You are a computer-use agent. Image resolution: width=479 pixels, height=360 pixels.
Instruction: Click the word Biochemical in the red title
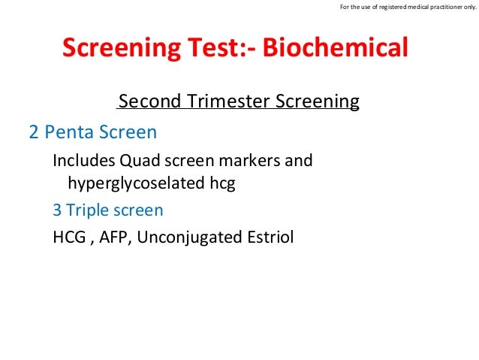click(335, 47)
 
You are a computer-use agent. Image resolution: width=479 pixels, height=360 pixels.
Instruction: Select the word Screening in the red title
click(122, 48)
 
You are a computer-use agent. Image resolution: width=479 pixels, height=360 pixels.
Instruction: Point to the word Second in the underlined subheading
click(149, 101)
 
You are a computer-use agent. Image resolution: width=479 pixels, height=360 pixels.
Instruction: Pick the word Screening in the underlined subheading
click(318, 101)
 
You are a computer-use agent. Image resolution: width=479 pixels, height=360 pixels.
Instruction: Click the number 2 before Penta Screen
click(34, 132)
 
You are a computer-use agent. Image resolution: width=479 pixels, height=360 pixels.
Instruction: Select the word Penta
click(69, 132)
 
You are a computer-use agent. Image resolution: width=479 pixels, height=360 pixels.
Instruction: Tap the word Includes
click(84, 160)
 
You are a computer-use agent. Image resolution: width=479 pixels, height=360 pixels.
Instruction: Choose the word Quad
click(140, 160)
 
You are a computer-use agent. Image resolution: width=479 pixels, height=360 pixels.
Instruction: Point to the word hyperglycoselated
click(136, 183)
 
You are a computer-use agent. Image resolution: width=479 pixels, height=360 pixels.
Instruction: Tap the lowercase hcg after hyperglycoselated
click(222, 184)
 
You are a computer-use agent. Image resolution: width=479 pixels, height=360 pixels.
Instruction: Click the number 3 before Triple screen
click(57, 210)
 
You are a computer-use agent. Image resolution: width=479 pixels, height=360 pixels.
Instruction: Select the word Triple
click(88, 211)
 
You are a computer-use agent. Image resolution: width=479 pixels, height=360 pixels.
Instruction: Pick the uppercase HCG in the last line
click(69, 237)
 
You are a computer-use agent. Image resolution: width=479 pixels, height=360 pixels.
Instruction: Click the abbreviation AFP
click(113, 237)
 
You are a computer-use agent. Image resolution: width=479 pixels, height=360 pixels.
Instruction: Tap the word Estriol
click(270, 237)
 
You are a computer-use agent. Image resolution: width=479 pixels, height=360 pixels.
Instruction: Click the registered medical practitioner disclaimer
click(408, 7)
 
